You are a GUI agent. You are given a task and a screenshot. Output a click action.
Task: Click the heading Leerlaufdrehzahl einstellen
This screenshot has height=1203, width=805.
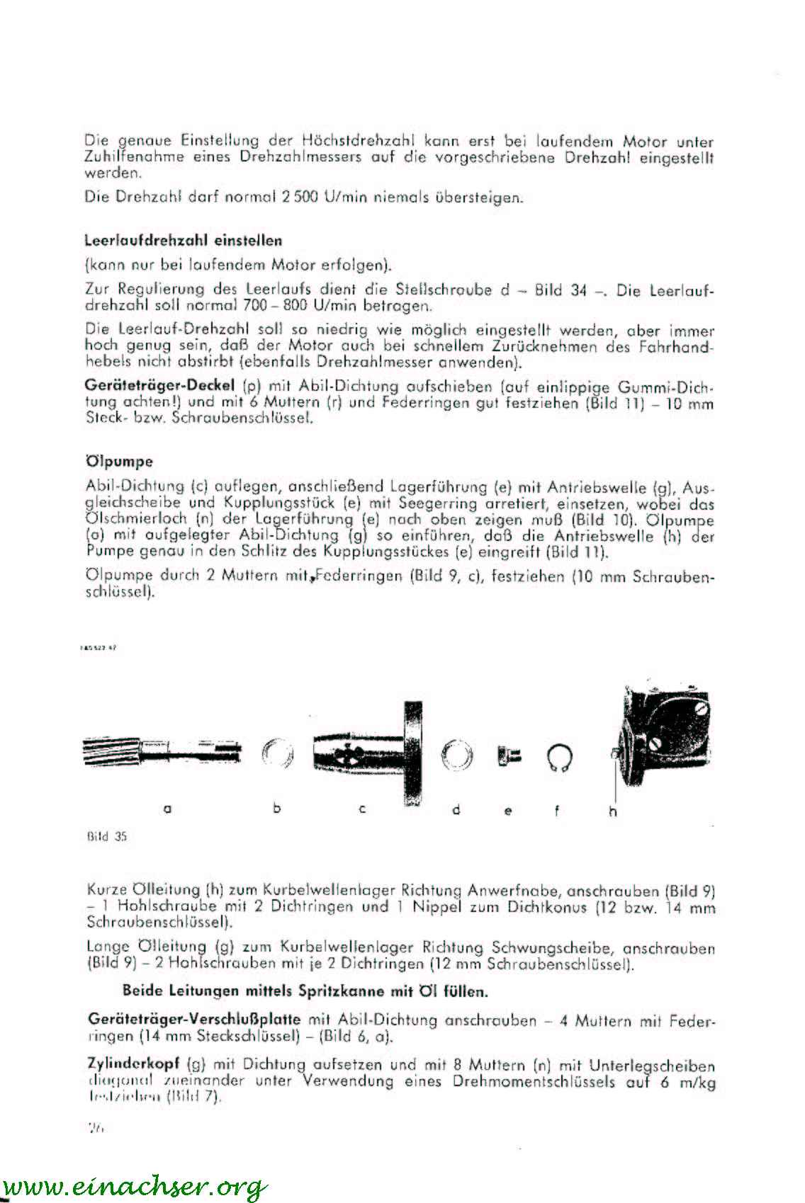click(183, 240)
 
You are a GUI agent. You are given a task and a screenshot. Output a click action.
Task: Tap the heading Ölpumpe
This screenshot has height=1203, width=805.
click(119, 462)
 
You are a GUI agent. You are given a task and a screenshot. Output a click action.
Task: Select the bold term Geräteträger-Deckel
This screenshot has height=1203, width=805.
click(160, 387)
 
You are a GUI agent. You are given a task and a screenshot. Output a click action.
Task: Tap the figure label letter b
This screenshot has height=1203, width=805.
click(276, 808)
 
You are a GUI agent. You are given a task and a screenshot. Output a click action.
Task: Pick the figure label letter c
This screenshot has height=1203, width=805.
click(361, 809)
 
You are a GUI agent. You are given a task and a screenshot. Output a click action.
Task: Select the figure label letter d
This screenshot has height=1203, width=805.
click(456, 809)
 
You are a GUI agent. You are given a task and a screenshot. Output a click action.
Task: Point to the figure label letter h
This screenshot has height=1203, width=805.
click(613, 811)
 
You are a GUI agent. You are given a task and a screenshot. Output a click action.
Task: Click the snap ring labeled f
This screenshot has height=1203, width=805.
click(560, 758)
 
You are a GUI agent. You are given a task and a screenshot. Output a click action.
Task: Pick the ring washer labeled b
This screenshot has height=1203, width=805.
click(277, 754)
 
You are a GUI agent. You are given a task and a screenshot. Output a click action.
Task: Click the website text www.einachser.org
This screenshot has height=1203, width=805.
click(135, 1185)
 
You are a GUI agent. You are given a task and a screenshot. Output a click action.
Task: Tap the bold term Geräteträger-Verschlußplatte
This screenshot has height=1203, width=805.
click(194, 1020)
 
